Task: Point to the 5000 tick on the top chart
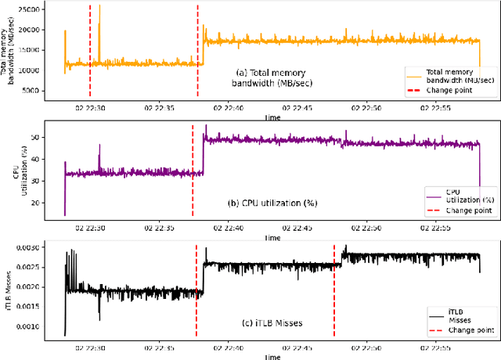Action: point(41,91)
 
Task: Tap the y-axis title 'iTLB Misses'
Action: point(9,290)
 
